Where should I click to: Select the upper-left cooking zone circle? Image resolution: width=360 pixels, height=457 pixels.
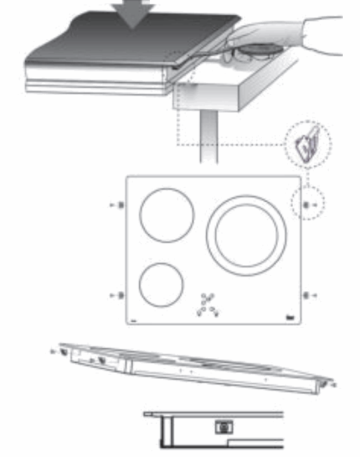[167, 214]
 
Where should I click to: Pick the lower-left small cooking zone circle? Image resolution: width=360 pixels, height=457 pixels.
[161, 285]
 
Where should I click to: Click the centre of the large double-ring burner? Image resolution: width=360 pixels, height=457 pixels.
[247, 235]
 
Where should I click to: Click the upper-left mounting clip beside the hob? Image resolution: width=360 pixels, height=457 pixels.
[119, 206]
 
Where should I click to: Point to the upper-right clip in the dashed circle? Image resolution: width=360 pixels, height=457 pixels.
[306, 206]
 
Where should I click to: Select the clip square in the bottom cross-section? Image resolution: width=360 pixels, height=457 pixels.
[221, 428]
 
